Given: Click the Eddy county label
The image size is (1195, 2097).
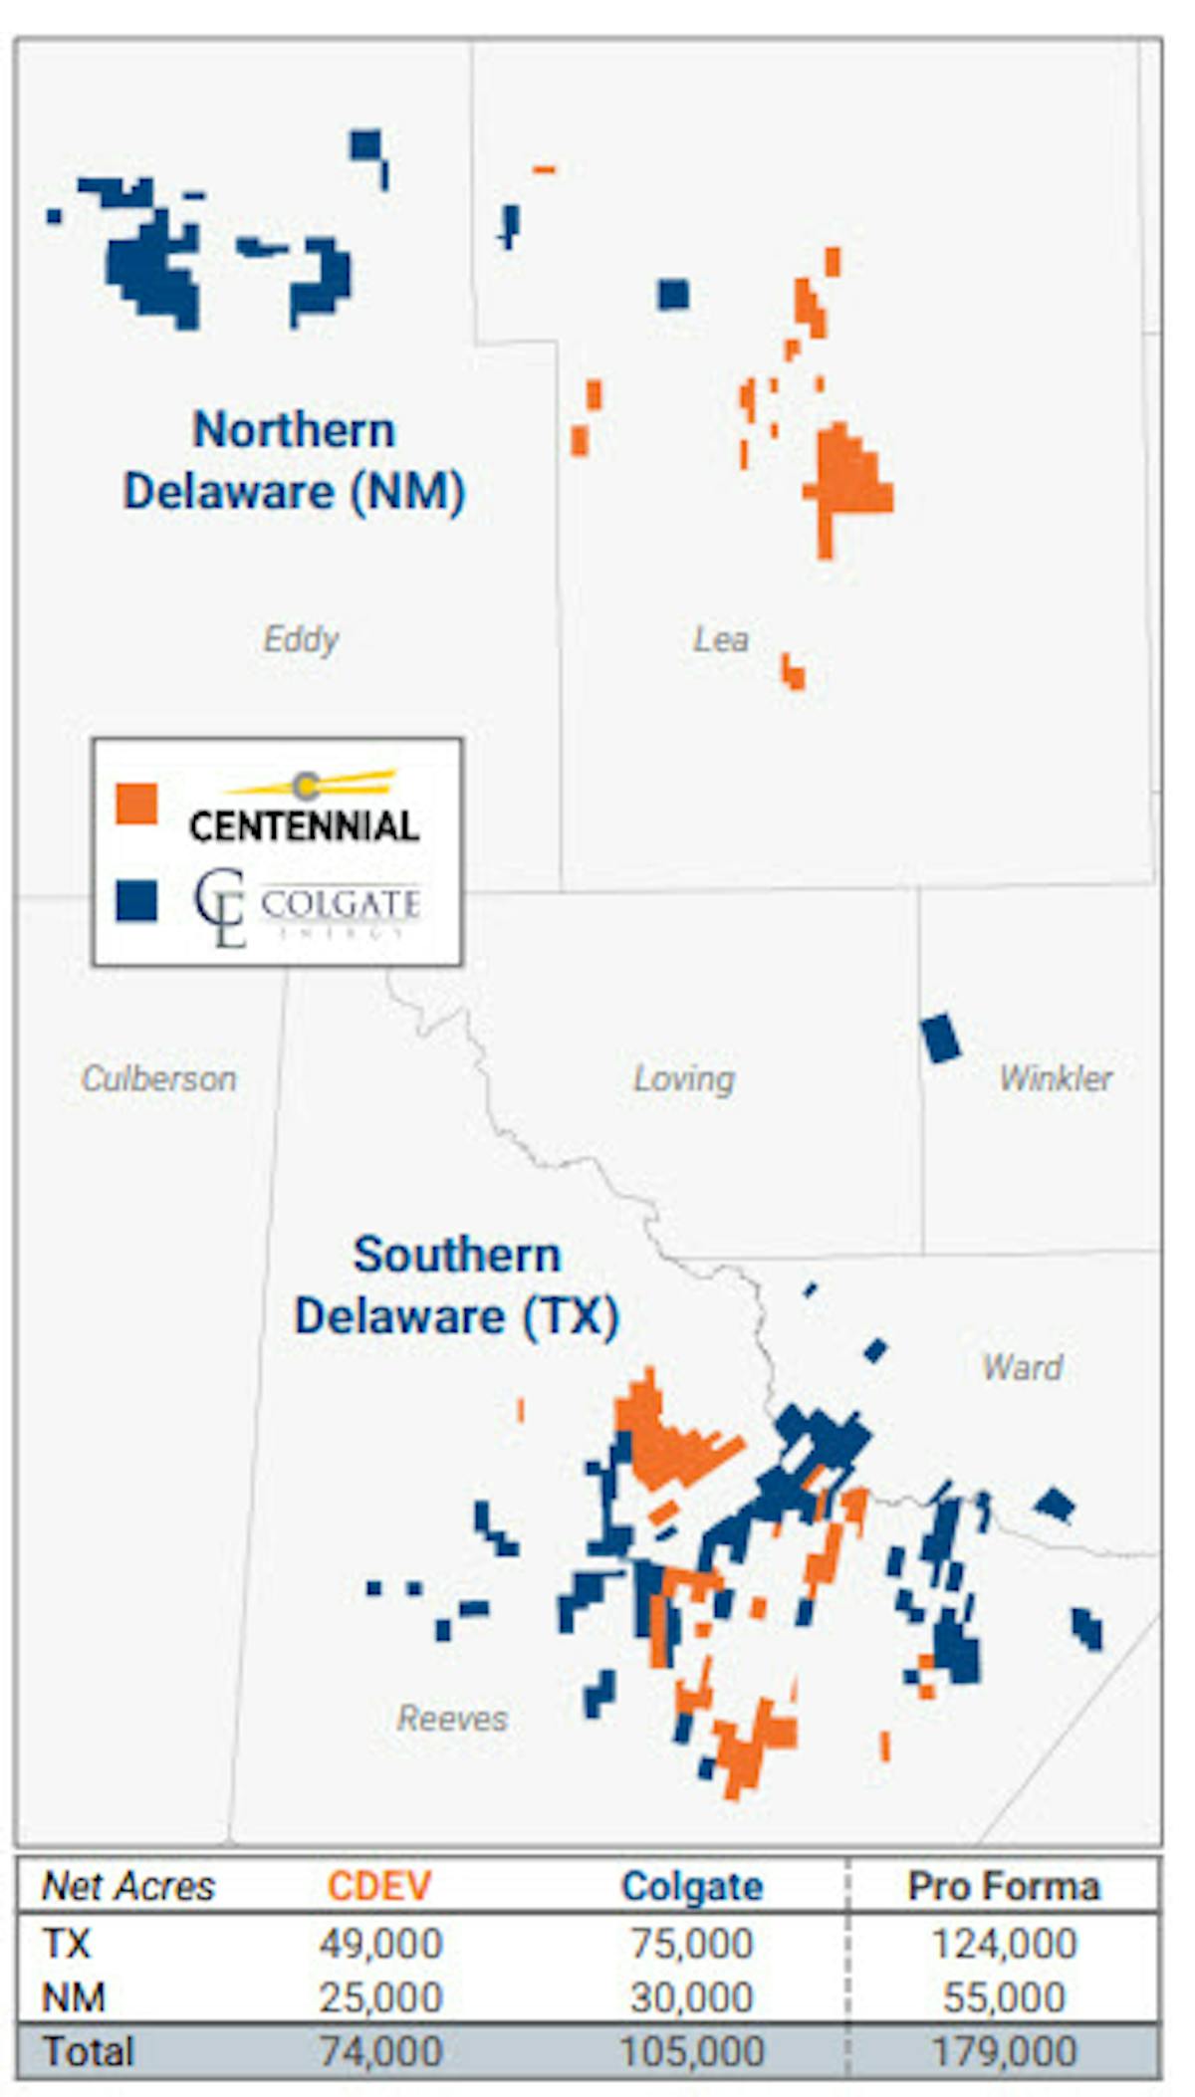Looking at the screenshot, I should point(301,639).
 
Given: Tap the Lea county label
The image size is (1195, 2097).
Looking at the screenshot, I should point(721,639).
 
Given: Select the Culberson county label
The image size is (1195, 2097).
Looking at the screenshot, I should point(159,1078).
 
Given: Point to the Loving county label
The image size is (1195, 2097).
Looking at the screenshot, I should point(684,1078).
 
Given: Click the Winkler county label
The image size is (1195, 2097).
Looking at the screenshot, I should point(1056,1078).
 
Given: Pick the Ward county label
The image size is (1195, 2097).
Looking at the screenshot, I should point(1023,1367).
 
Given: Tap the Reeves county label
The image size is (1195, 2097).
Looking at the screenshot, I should point(452,1719).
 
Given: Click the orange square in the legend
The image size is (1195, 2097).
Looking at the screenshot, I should point(136,804).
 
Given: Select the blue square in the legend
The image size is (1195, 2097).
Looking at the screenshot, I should point(136,901).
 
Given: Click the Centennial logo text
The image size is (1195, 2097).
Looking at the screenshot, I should point(304,825).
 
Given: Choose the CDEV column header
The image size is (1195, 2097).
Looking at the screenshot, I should point(379,1886).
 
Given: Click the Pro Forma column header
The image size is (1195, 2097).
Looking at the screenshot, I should point(1004,1886).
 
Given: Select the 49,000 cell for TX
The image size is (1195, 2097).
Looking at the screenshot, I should point(380,1943).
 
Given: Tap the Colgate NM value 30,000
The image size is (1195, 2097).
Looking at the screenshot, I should point(692,1996).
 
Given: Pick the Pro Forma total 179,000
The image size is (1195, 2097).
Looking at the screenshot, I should point(1004,2051).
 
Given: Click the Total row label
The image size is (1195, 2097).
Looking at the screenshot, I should point(88,2051).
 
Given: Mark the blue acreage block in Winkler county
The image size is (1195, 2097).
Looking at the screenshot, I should point(940,1039).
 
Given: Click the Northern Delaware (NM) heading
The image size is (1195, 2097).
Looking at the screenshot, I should point(294,460).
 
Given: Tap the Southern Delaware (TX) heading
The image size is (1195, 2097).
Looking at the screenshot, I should point(456,1285).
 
